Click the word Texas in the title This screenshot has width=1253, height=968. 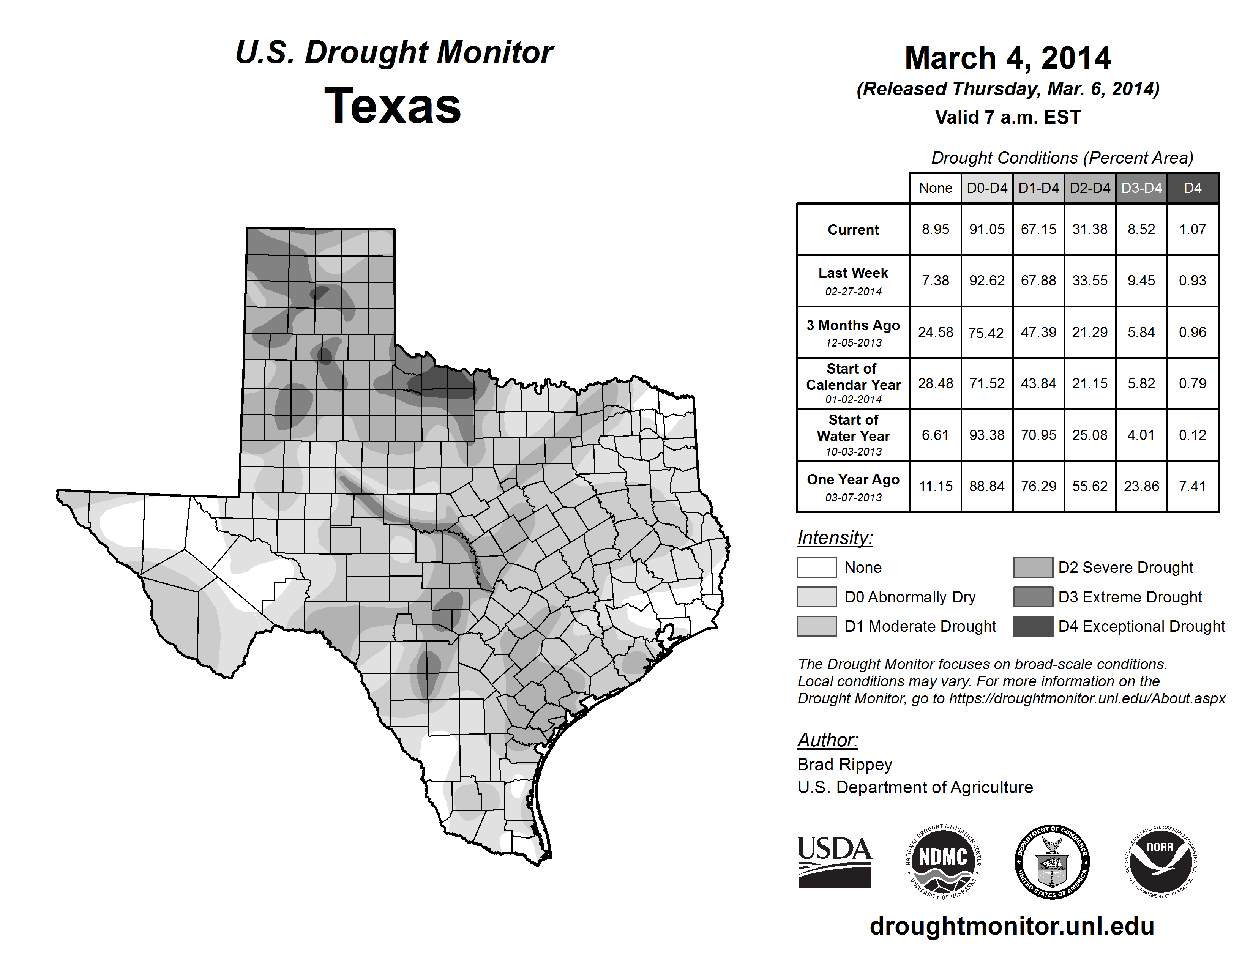pyautogui.click(x=393, y=106)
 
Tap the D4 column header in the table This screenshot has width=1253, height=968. pyautogui.click(x=1192, y=188)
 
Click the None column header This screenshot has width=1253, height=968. pyautogui.click(x=935, y=188)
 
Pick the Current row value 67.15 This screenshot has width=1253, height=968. pyautogui.click(x=1038, y=229)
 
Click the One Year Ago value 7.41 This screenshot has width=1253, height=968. pyautogui.click(x=1192, y=486)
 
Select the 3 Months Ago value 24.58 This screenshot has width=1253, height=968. pyautogui.click(x=935, y=332)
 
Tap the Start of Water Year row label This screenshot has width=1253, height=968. pyautogui.click(x=853, y=435)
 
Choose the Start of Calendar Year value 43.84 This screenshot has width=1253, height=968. pyautogui.click(x=1038, y=383)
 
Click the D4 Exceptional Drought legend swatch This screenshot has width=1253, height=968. pyautogui.click(x=1033, y=626)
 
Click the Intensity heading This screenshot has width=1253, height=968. pyautogui.click(x=835, y=538)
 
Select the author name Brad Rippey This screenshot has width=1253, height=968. pyautogui.click(x=844, y=765)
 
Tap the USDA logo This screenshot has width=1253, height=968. pyautogui.click(x=834, y=861)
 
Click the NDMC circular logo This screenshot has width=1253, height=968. pyautogui.click(x=943, y=861)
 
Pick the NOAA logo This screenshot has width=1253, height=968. pyautogui.click(x=1160, y=861)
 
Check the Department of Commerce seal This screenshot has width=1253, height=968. pyautogui.click(x=1052, y=861)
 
